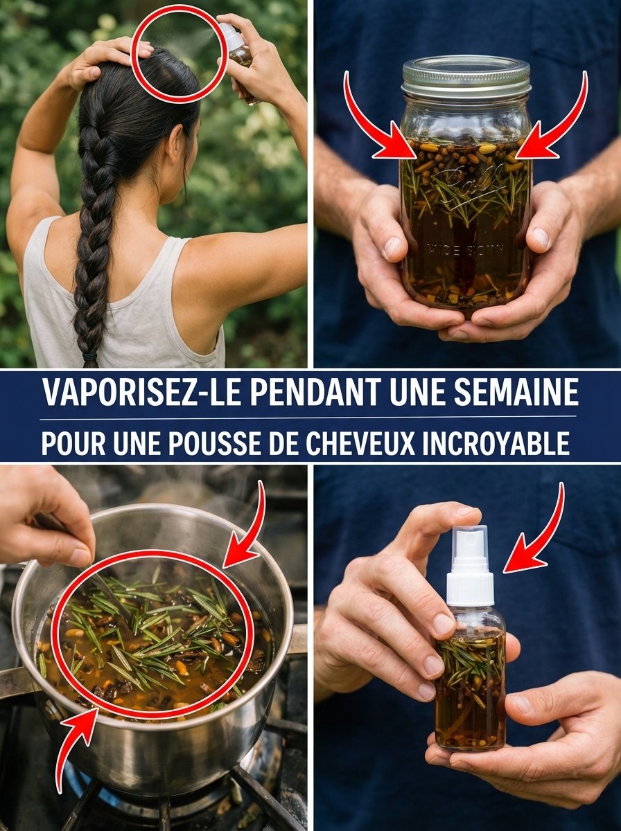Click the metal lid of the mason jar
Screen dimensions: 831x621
[465, 76]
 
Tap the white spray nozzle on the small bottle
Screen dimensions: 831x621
[470, 568]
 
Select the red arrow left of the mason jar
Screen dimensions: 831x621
[374, 125]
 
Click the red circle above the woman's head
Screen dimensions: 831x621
[179, 53]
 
